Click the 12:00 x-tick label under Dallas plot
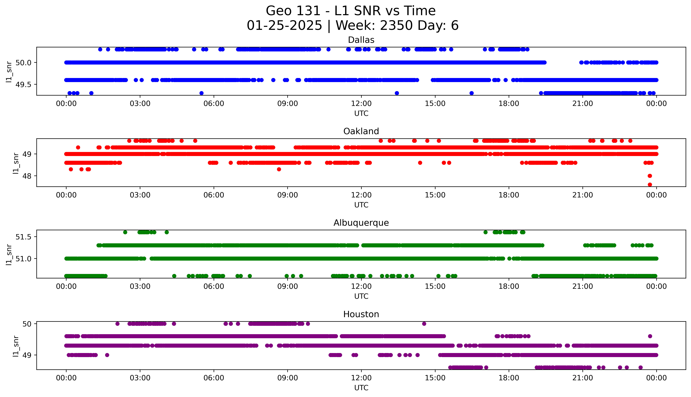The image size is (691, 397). pyautogui.click(x=361, y=104)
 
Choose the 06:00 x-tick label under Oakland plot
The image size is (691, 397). pyautogui.click(x=214, y=195)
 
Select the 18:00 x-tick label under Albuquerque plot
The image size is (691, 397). pyautogui.click(x=509, y=286)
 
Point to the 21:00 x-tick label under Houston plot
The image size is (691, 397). pyautogui.click(x=582, y=378)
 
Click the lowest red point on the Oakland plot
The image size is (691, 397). pyautogui.click(x=650, y=185)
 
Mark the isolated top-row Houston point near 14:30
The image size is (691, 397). pyautogui.click(x=424, y=324)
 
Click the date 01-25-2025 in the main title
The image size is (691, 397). pyautogui.click(x=284, y=26)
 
